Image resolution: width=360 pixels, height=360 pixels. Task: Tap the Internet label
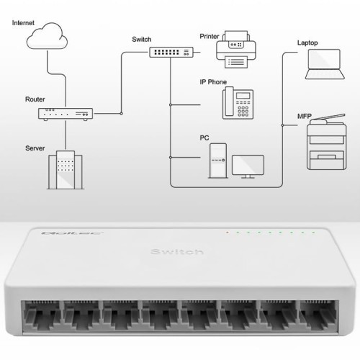point(23,22)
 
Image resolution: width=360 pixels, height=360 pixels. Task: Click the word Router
point(35,99)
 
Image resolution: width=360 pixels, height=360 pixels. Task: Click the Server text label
point(35,148)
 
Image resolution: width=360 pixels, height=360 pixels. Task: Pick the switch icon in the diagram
point(171,53)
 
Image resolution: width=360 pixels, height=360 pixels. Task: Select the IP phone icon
point(235,103)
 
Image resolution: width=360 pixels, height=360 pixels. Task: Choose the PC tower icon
point(218,160)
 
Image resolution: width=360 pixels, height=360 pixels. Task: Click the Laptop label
point(307,42)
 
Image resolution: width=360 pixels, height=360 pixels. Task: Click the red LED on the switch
point(226,233)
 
